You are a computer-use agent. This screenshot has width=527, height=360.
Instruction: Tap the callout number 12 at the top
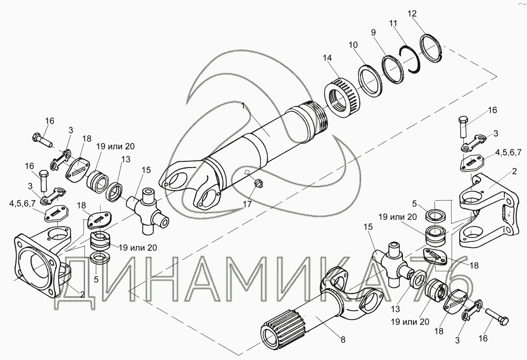412,14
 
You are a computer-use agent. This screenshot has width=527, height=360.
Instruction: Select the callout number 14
328,58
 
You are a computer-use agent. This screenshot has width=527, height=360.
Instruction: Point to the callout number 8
343,340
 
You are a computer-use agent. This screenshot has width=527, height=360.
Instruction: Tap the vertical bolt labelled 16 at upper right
463,126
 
